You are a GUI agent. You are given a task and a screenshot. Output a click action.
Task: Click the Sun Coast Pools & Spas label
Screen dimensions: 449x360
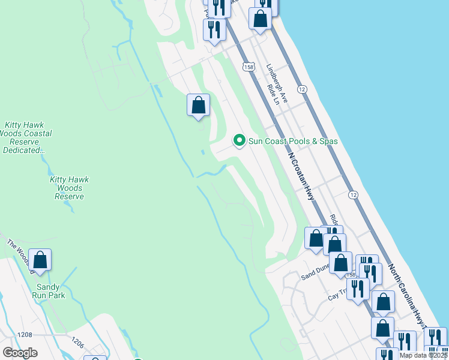pyautogui.click(x=293, y=141)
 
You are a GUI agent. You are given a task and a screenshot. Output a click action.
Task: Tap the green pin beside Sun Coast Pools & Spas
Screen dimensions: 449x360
pyautogui.click(x=240, y=141)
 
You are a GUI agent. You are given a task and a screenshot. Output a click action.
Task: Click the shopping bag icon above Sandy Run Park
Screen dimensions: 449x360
pyautogui.click(x=40, y=260)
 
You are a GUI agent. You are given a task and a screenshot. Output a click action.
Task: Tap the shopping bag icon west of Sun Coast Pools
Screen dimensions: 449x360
pyautogui.click(x=199, y=106)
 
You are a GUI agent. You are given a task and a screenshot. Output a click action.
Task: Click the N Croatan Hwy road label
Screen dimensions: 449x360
pyautogui.click(x=301, y=176)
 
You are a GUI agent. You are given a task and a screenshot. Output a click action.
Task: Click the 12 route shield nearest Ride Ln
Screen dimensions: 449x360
pyautogui.click(x=302, y=89)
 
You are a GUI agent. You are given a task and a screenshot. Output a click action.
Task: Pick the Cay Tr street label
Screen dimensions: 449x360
pyautogui.click(x=337, y=292)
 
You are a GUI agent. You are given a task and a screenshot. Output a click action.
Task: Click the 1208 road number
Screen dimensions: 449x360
pyautogui.click(x=25, y=334)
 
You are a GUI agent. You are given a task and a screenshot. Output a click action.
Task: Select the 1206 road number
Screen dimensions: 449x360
pyautogui.click(x=77, y=342)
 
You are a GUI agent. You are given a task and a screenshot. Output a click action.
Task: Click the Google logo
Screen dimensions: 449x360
pyautogui.click(x=20, y=353)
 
